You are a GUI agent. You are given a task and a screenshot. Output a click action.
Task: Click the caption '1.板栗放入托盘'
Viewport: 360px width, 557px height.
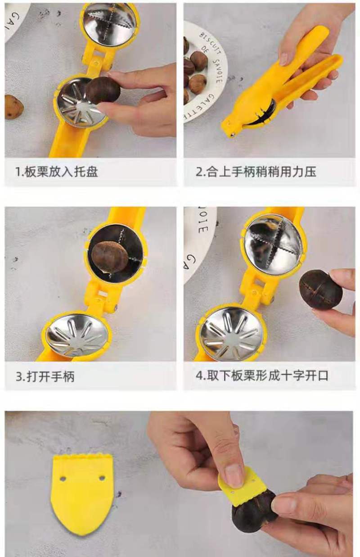tap(57, 172)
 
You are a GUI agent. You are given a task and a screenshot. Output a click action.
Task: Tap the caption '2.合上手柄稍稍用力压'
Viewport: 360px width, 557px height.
tap(256, 172)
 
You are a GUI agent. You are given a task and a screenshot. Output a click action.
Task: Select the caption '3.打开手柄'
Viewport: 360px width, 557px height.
tap(45, 376)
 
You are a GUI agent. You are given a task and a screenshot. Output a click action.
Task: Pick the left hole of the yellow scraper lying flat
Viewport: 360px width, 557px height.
tap(63, 478)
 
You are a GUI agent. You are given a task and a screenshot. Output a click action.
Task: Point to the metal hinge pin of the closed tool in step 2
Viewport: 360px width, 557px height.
tap(233, 135)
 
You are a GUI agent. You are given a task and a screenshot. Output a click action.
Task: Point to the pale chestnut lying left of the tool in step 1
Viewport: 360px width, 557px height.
tap(14, 107)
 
